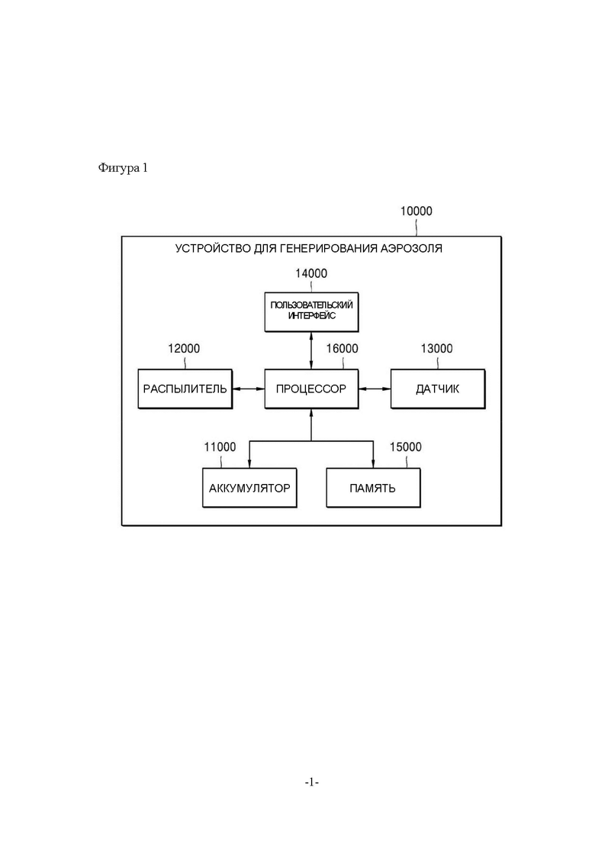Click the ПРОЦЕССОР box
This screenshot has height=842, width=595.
coord(311,389)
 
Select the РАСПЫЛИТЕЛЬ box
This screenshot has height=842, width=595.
coord(185,389)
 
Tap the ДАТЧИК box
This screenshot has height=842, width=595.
coord(438,389)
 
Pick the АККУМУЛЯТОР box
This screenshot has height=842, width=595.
coord(249,488)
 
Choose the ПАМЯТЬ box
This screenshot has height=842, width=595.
coord(374,488)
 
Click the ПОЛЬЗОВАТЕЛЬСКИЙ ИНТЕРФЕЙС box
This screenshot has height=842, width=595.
coord(311,312)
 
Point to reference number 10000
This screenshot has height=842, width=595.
coord(416,211)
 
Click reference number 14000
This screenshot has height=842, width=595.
coord(311,273)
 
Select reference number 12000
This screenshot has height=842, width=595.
coord(184,349)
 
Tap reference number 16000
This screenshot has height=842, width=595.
coord(343,349)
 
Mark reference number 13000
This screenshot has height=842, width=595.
coord(437,349)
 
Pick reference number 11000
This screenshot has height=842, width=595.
coord(220,447)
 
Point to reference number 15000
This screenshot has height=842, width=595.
coord(406,447)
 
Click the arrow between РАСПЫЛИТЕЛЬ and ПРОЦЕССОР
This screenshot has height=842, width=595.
coord(249,389)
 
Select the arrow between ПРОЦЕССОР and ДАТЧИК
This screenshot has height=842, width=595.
coord(375,389)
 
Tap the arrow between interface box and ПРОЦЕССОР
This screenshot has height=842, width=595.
coord(311,350)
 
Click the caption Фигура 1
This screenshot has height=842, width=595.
coord(123,168)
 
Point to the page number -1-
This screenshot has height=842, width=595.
coord(312,782)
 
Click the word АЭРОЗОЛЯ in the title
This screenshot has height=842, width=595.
coord(411,248)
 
